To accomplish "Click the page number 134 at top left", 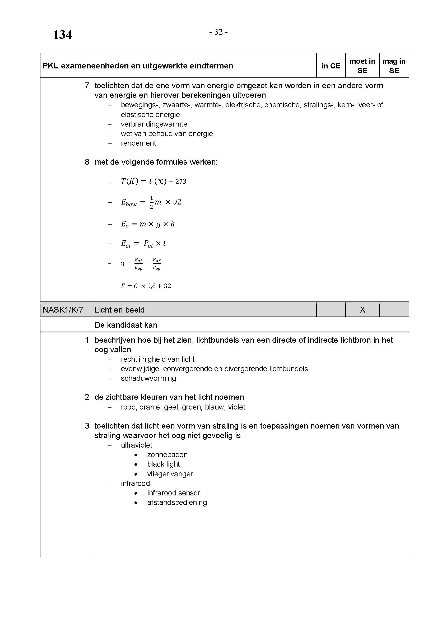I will click(62, 35).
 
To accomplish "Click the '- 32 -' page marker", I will click(218, 32).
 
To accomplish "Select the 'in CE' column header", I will click(331, 66).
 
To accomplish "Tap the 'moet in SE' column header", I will click(362, 66).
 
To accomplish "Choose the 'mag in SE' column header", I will click(394, 66).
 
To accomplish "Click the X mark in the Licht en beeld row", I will click(362, 310).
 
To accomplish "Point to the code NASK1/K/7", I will click(63, 310).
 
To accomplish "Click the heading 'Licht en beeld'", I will click(120, 310).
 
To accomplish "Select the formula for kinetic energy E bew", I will click(151, 202).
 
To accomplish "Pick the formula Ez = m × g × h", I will click(148, 224).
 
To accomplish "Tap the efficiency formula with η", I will click(141, 264).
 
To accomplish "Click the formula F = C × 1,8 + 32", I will click(146, 286).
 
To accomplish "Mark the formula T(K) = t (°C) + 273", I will click(154, 182).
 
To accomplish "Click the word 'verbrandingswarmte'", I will click(154, 124).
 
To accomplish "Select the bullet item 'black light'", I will click(163, 464).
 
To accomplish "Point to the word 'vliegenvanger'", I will click(170, 474).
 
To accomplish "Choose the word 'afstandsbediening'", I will click(177, 502).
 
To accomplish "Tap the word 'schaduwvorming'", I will click(148, 378).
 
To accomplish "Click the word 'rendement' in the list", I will click(138, 143).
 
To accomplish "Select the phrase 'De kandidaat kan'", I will click(126, 325).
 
